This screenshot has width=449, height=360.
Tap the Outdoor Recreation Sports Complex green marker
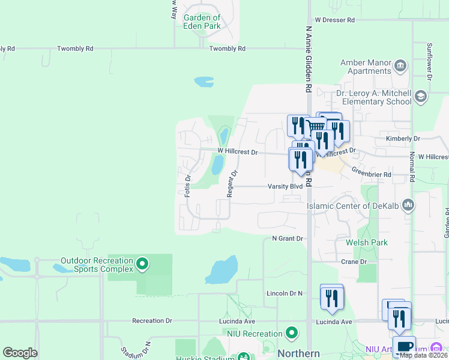tap(142, 263)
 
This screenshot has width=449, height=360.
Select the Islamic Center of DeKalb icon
tap(408, 205)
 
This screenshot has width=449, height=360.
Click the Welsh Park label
tap(366, 243)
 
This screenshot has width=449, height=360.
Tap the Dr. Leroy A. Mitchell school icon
tap(420, 96)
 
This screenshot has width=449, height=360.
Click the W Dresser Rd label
tap(334, 20)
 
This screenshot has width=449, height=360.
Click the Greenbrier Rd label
tap(371, 175)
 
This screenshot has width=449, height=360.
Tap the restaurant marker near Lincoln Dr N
tap(331, 297)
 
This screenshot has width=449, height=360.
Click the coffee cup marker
tap(405, 347)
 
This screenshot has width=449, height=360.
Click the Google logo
tap(20, 353)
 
